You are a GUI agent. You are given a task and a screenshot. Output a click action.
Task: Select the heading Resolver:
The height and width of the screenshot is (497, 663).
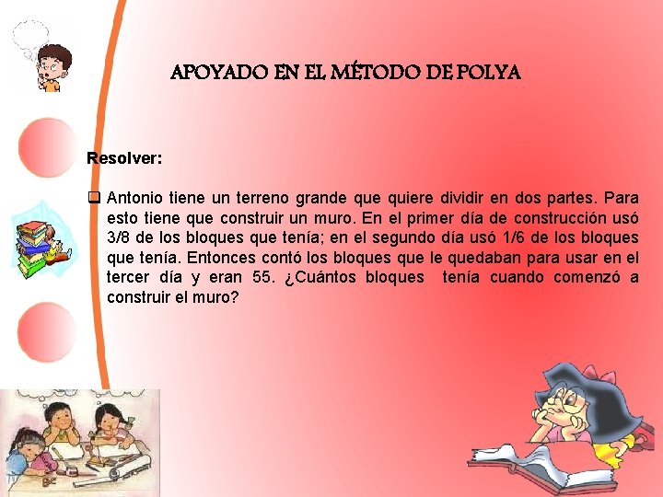click(124, 158)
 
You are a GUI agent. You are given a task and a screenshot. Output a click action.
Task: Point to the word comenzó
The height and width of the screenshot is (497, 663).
click(580, 278)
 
